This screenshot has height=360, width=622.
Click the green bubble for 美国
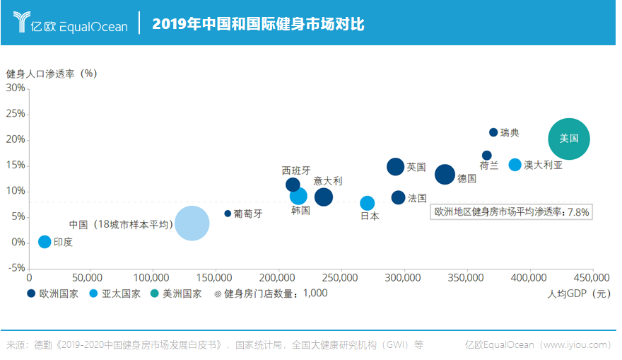click(569, 139)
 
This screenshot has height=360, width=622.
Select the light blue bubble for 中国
click(192, 223)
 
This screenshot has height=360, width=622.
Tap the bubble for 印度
click(45, 241)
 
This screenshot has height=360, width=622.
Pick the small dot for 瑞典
click(493, 132)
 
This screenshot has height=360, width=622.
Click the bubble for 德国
click(445, 174)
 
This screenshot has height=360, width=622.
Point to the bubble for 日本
click(368, 203)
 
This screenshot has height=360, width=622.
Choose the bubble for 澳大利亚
click(515, 165)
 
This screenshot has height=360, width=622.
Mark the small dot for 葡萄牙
click(228, 214)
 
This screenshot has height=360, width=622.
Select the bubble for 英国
click(396, 167)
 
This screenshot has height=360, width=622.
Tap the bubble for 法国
click(398, 197)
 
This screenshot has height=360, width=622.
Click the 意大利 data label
click(328, 181)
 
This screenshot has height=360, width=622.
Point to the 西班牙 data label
click(296, 170)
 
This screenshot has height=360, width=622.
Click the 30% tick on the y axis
click(16, 88)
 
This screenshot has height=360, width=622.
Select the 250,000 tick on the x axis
click(340, 277)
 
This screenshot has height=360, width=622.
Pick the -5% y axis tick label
click(17, 267)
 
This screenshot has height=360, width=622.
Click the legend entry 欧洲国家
click(53, 294)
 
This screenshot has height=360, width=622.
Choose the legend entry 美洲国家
click(177, 294)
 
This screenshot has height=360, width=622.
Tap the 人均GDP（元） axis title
click(579, 294)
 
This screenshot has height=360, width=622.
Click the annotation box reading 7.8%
click(511, 212)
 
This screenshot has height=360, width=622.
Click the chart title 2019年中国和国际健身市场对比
click(258, 24)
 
